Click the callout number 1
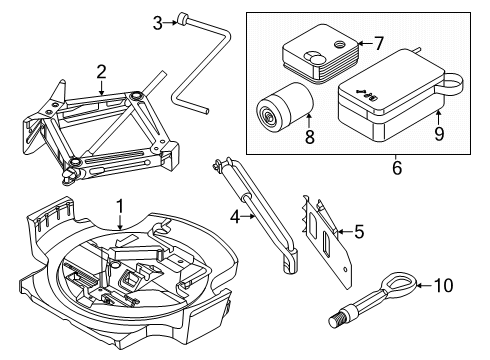119,206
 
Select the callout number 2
101,71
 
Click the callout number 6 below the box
396,169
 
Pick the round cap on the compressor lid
339,46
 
